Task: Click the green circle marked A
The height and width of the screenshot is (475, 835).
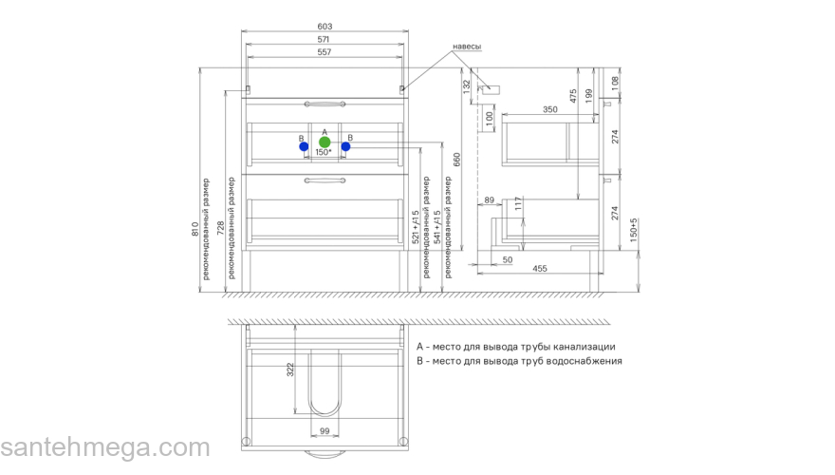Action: click(x=325, y=142)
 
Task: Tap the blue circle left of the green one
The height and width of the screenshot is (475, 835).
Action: click(x=304, y=146)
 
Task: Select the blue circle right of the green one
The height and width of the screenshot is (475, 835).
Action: click(x=345, y=146)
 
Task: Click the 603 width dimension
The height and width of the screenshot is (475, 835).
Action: click(x=325, y=26)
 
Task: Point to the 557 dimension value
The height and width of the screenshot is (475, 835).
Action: click(x=325, y=51)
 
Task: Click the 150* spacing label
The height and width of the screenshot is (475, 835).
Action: click(x=324, y=152)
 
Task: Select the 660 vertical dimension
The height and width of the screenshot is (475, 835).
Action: click(x=457, y=160)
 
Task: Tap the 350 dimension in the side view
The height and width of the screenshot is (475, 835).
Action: click(x=550, y=109)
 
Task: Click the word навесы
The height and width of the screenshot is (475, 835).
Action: click(x=467, y=47)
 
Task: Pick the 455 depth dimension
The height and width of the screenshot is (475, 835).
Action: click(x=540, y=268)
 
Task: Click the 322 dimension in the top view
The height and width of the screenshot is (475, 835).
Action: click(x=290, y=370)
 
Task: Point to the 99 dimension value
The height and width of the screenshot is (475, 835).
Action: click(x=325, y=430)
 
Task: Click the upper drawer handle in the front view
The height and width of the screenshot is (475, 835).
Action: click(x=325, y=104)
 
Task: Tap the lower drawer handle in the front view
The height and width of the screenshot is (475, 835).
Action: click(x=325, y=180)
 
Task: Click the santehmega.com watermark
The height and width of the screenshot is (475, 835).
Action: click(x=105, y=446)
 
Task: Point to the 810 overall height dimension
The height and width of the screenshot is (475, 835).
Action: click(x=195, y=229)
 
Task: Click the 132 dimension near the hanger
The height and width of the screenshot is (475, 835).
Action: click(x=467, y=86)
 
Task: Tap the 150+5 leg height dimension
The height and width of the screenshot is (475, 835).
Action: click(x=634, y=230)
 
